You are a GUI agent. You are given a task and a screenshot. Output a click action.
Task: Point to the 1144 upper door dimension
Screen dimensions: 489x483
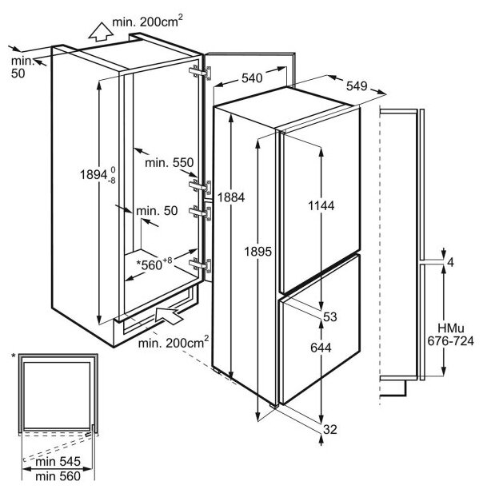click(320, 205)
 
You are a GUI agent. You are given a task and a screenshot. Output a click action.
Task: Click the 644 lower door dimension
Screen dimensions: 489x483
click(320, 348)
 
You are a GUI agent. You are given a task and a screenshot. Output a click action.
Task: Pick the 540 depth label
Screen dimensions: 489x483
click(251, 78)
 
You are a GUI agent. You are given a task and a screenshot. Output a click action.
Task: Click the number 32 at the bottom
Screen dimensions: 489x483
click(329, 429)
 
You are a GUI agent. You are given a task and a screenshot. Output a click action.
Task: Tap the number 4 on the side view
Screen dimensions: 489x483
click(451, 262)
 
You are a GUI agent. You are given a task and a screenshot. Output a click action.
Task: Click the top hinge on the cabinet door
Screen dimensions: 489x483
click(200, 73)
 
